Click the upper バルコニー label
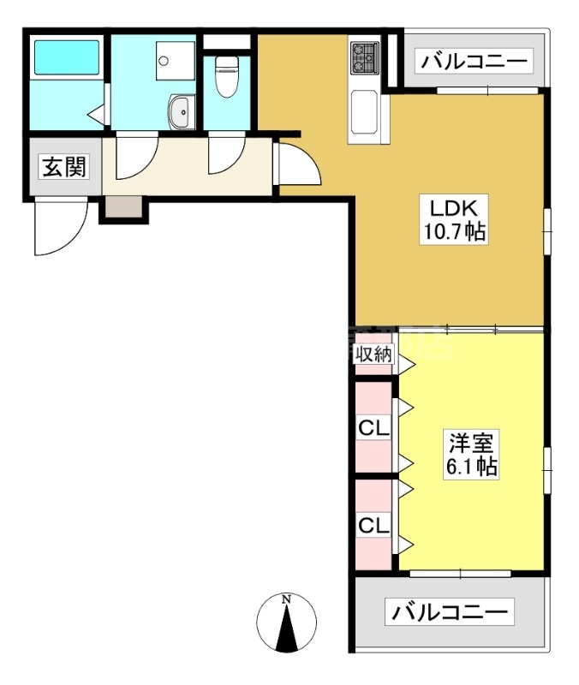coord(475,63)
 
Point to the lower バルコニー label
coord(451,613)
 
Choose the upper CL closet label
coord(373,426)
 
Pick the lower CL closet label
coord(373,525)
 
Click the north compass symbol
coord(287,622)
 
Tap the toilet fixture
coord(225,80)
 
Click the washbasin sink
coord(180,112)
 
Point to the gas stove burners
coord(363,57)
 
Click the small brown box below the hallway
coord(124,206)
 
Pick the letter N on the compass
coord(288,599)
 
